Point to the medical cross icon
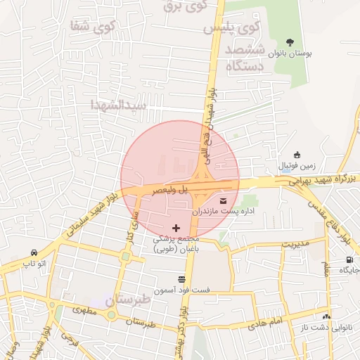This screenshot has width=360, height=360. click(x=176, y=228)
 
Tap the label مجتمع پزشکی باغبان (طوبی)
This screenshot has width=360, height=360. click(x=176, y=243)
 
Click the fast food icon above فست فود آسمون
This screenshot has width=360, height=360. click(x=181, y=279)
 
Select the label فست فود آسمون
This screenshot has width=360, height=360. click(x=181, y=290)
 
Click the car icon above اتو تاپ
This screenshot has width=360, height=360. click(x=34, y=252)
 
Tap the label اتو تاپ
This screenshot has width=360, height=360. click(x=34, y=263)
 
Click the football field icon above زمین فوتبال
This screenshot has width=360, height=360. click(x=297, y=155)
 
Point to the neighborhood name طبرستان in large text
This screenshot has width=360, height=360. click(x=129, y=300)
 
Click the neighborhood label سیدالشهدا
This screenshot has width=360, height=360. click(x=119, y=105)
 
